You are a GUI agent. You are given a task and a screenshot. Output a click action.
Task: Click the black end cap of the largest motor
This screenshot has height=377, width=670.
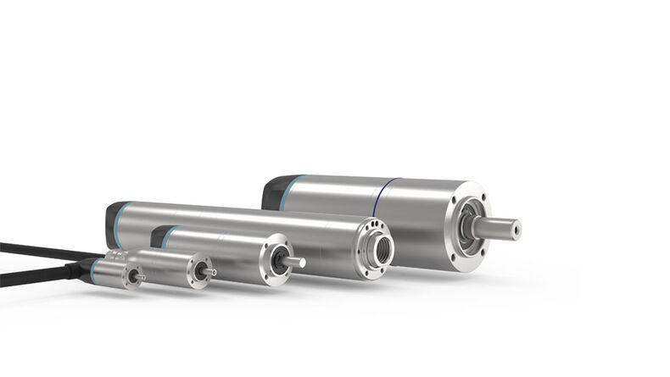click(272, 193)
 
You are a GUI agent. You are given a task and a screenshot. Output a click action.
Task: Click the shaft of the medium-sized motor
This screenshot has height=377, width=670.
click(293, 262)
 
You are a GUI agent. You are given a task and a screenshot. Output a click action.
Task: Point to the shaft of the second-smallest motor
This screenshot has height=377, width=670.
click(209, 272)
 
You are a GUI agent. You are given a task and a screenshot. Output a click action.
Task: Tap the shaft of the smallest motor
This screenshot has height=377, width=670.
click(139, 277)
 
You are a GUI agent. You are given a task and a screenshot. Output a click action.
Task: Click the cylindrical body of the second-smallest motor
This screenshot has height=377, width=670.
click(165, 263)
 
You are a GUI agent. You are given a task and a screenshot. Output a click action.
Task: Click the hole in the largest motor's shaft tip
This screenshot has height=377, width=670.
click(515, 229)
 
